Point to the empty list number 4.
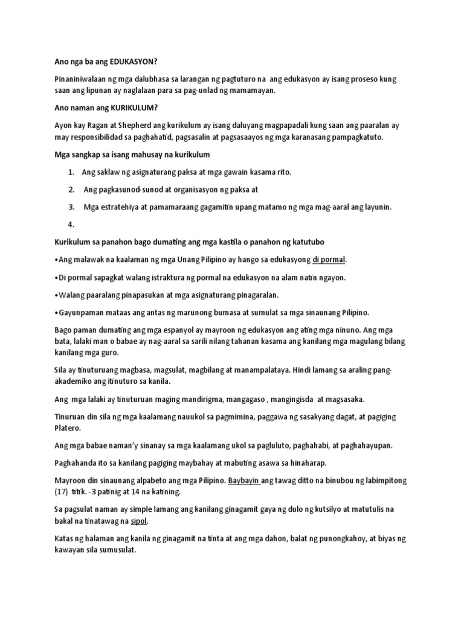(71, 224)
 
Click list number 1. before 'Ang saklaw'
(71, 172)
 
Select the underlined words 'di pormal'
(329, 260)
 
